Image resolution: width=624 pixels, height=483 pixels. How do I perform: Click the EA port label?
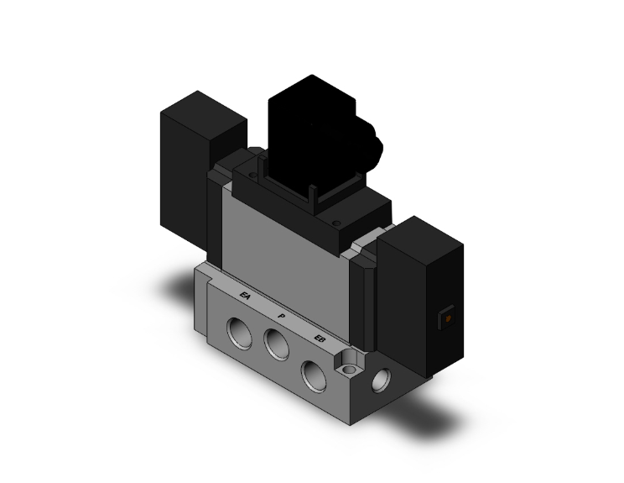pos(245,296)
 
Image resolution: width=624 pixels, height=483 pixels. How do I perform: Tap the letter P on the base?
pos(282,316)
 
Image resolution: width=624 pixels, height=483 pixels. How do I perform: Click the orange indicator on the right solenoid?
pos(448,319)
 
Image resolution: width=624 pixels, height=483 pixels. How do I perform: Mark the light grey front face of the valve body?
pos(285,244)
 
